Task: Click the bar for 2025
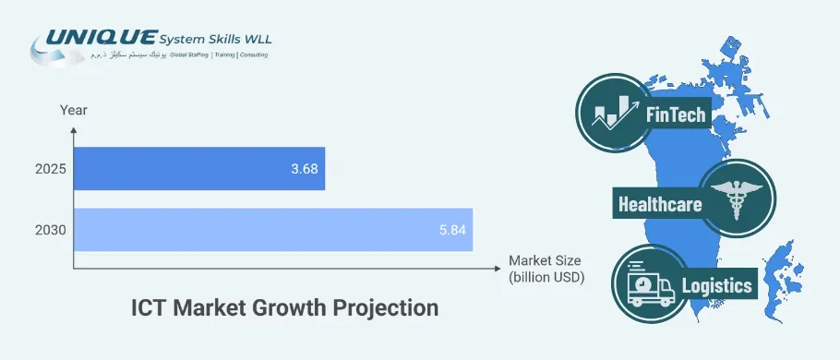point(198,168)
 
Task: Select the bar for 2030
point(272,229)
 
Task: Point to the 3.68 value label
point(302,169)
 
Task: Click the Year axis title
point(74,110)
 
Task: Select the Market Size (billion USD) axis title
point(546,269)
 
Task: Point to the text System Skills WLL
point(214,39)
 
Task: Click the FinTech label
point(676,114)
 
